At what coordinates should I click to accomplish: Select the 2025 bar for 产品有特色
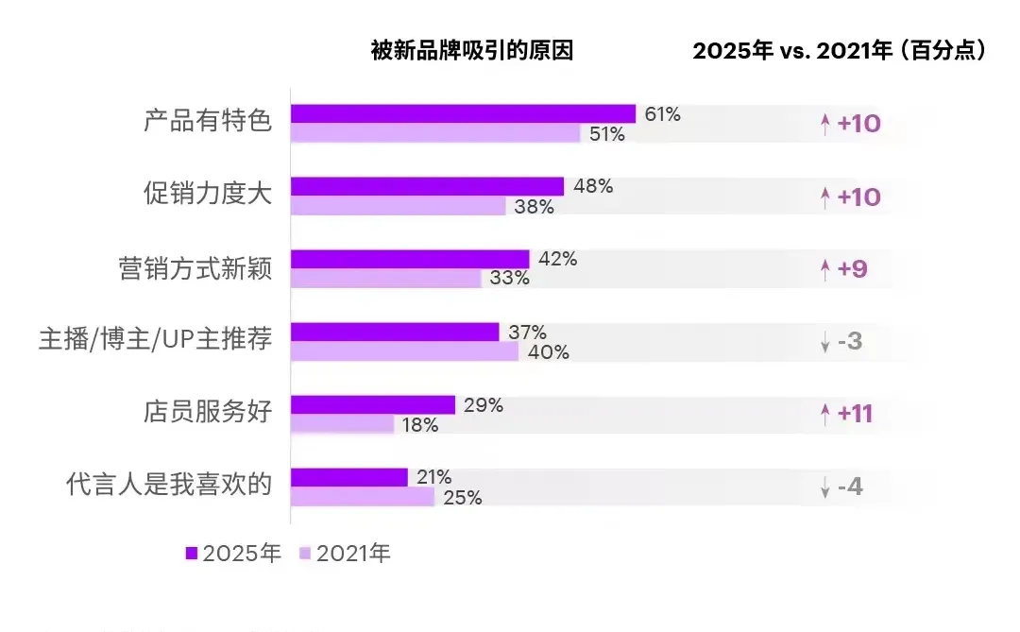463,114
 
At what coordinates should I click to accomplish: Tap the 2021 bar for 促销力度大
398,206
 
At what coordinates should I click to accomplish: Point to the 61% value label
662,114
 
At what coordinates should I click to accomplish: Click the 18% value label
420,425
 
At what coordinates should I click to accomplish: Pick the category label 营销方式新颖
195,269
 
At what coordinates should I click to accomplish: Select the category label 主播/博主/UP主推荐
155,341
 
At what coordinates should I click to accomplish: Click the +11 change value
858,414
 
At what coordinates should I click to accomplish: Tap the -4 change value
849,487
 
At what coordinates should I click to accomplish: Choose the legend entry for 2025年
233,554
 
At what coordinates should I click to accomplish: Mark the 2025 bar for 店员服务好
372,405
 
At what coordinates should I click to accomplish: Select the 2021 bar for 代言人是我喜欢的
362,497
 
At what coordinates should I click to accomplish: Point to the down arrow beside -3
824,342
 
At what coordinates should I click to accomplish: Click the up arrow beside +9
824,270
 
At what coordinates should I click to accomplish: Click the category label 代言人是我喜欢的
169,487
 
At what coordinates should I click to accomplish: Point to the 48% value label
593,187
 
